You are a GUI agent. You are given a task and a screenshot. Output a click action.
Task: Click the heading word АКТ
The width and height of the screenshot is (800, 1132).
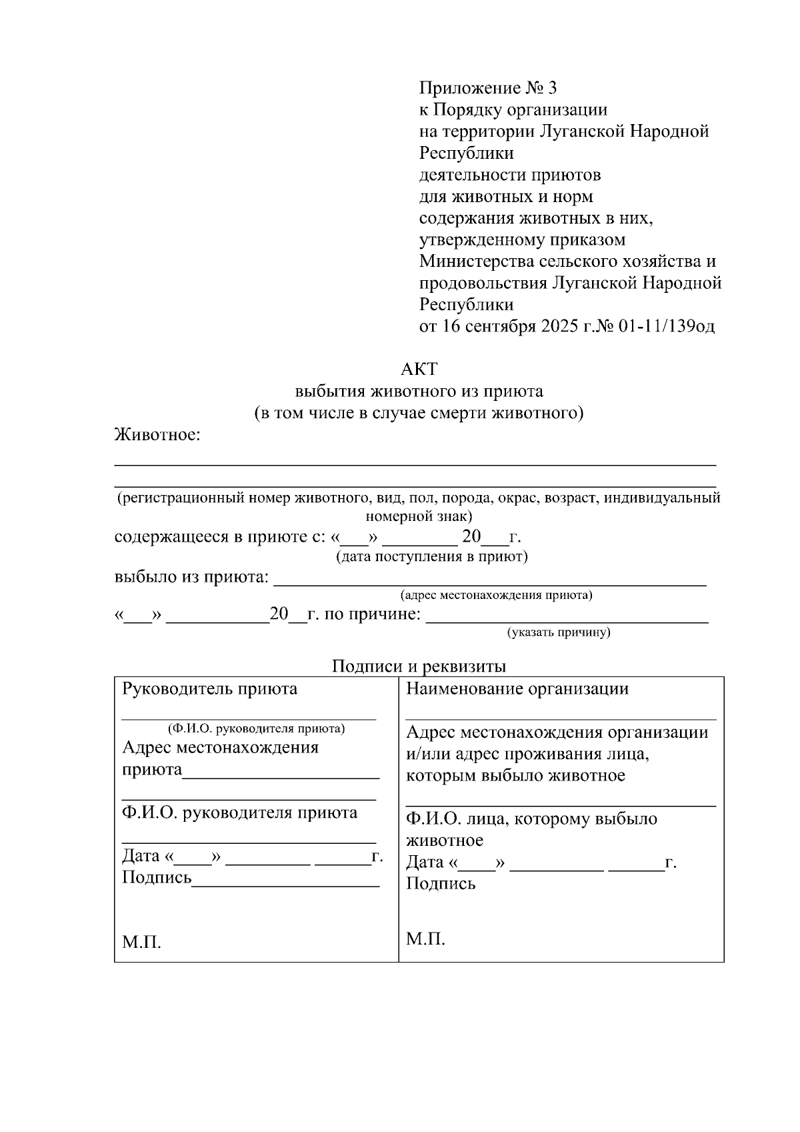coord(419,369)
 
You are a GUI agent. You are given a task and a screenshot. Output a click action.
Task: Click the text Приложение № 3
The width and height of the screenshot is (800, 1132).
coord(487,88)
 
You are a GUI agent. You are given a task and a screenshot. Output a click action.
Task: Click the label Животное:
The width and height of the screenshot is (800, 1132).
coord(157,436)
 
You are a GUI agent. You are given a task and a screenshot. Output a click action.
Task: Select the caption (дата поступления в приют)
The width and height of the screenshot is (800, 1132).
coord(431,556)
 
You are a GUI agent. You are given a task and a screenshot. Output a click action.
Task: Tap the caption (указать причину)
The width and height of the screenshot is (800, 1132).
coord(559,632)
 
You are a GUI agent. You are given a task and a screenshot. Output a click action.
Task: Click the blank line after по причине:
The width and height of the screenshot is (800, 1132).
coord(567,619)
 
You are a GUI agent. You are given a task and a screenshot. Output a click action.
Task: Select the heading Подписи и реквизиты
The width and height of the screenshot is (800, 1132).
coord(419,666)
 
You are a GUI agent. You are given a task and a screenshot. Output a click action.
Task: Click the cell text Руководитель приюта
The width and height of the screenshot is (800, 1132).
coord(209,688)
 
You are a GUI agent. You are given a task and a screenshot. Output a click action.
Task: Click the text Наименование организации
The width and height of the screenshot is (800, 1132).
coord(517,688)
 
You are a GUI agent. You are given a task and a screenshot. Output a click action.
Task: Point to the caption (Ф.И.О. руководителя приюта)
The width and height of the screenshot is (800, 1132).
coord(257,728)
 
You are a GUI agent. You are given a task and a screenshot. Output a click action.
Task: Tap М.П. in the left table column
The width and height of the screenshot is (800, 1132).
coord(141,942)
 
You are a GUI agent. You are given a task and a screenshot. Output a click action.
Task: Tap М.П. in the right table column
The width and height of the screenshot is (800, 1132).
coord(425,939)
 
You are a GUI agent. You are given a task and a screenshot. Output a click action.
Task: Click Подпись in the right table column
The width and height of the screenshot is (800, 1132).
coord(441,884)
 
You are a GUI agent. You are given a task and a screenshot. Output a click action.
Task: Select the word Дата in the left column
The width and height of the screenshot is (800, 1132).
coord(141,856)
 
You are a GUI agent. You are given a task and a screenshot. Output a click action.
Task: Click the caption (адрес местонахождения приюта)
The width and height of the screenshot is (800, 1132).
coord(496,594)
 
